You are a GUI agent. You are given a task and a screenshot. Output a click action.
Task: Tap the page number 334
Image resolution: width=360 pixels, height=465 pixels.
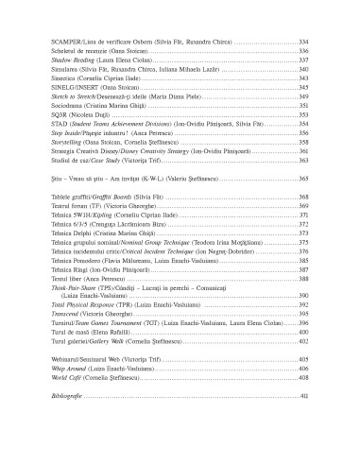coord(303,43)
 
